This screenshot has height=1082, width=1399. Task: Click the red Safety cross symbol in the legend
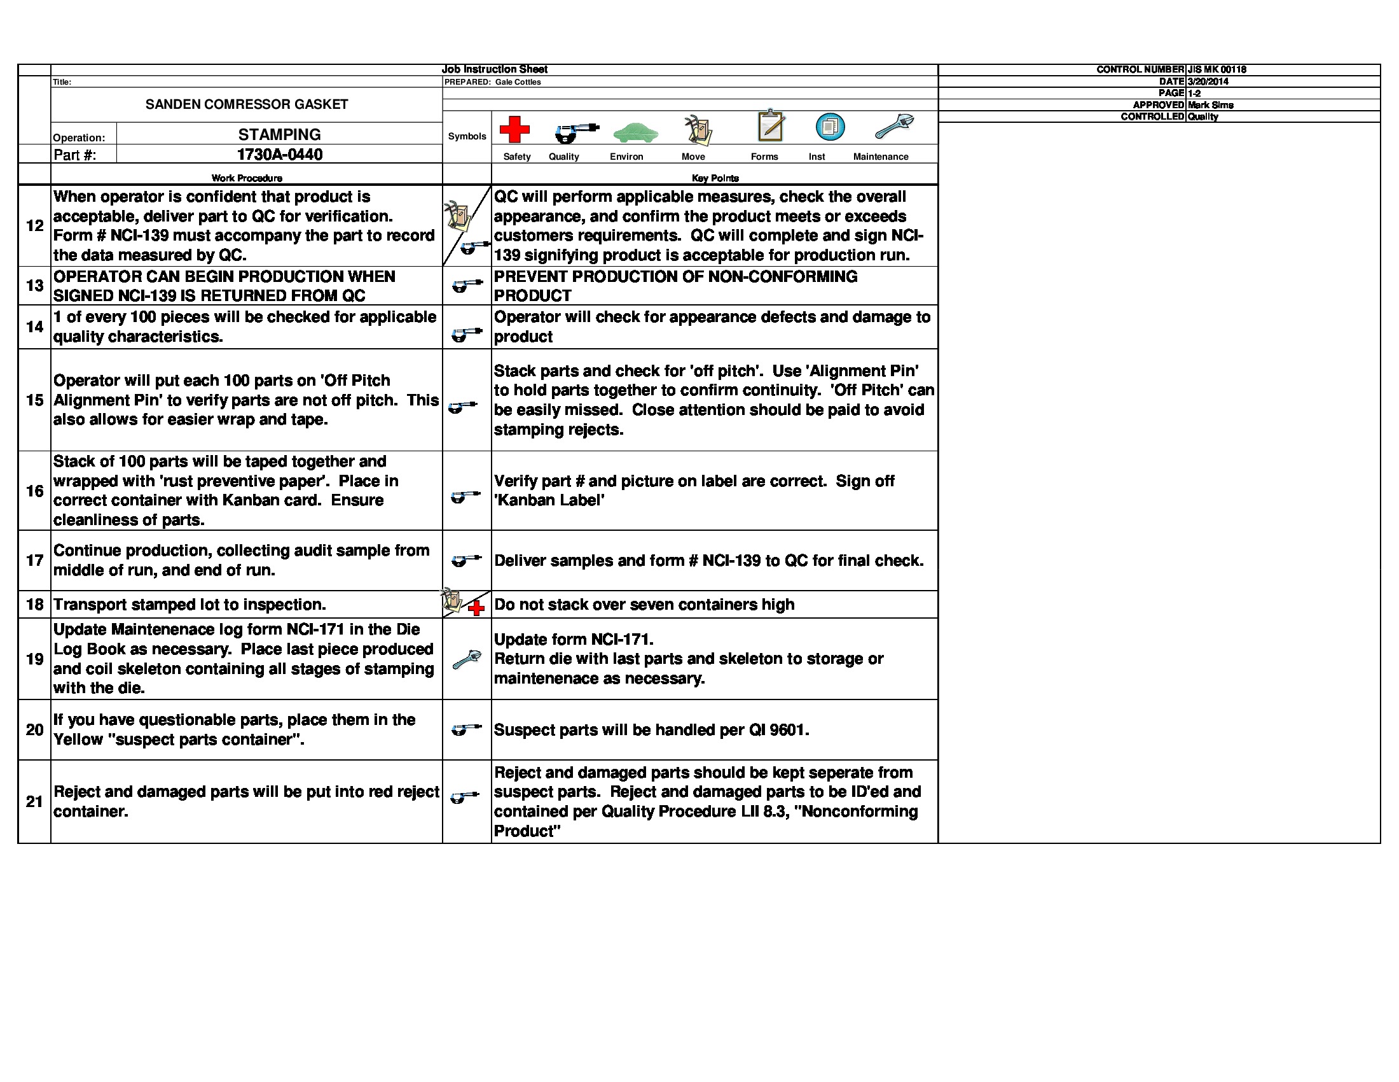coord(514,129)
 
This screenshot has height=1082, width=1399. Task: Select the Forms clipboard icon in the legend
coord(771,125)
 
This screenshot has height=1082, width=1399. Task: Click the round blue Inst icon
coord(829,127)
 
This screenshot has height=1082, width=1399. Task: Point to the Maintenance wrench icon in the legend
coord(894,126)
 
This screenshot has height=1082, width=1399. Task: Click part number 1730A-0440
coord(279,155)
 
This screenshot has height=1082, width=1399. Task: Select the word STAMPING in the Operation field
coord(279,134)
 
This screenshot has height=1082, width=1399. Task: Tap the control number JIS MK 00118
coord(1216,69)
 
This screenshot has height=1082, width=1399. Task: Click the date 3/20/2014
coord(1208,81)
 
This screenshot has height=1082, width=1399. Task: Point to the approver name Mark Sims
coord(1210,105)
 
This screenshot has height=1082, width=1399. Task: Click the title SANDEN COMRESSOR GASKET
coord(247,104)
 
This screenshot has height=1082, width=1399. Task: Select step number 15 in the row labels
coord(34,400)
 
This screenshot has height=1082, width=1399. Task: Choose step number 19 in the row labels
coord(34,659)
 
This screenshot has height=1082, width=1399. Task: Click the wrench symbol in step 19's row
coord(466,659)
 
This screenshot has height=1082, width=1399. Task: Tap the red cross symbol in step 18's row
coord(476,608)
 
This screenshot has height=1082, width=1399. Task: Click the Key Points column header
coord(715,178)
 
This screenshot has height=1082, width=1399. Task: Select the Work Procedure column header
coord(247,178)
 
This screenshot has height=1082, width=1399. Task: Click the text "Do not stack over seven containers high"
coord(644,605)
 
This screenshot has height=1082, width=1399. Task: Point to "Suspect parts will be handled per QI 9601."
coord(651,730)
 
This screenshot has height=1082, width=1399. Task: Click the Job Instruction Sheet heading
coord(495,69)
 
